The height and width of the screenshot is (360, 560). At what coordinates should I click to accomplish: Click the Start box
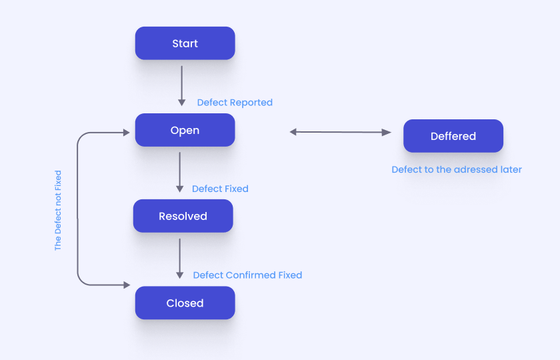(x=185, y=43)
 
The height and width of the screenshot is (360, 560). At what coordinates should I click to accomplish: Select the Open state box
(x=185, y=130)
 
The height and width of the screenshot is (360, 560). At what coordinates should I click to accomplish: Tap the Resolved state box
(x=183, y=216)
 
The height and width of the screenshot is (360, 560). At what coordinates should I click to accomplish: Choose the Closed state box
(x=185, y=303)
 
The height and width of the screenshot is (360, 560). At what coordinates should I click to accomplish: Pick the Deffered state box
(x=453, y=136)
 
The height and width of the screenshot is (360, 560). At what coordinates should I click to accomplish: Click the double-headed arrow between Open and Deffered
(x=340, y=132)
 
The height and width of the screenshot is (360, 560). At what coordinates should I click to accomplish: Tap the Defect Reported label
(x=235, y=103)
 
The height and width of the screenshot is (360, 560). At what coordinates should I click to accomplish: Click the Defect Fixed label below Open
(x=220, y=189)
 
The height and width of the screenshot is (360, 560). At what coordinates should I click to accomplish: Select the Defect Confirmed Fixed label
(x=247, y=275)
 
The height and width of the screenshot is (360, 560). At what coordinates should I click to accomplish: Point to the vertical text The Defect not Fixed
(x=58, y=210)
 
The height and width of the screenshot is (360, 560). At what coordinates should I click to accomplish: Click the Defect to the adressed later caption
(x=457, y=169)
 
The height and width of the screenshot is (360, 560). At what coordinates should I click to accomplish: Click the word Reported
(x=251, y=103)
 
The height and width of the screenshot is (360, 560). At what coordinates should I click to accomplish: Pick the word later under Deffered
(x=510, y=169)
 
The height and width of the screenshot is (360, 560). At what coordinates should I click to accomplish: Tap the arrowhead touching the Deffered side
(x=387, y=133)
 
